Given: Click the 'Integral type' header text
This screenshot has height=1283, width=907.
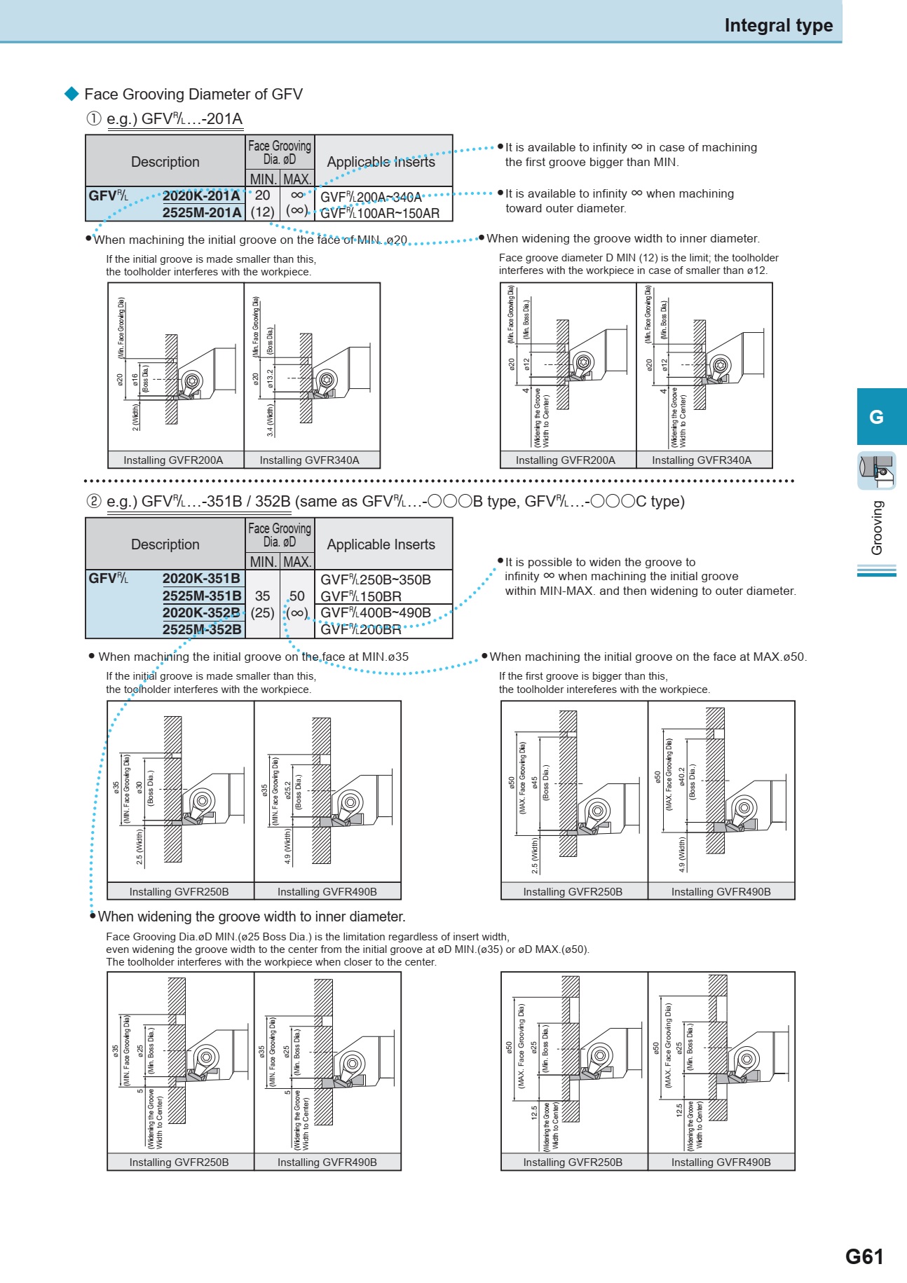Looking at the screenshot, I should click(x=778, y=26).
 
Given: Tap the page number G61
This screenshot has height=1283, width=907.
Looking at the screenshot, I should click(x=864, y=1256).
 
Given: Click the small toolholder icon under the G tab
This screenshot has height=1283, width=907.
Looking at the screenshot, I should click(x=877, y=470).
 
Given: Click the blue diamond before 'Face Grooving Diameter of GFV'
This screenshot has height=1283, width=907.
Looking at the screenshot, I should click(x=72, y=94).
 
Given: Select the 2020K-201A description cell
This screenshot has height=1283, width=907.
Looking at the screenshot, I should click(x=201, y=196).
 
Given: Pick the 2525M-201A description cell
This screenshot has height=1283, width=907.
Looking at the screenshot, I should click(x=201, y=212).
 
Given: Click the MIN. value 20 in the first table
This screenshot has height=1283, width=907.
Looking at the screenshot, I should click(x=262, y=195).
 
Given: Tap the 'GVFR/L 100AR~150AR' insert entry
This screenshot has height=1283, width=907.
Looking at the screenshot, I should click(x=380, y=213).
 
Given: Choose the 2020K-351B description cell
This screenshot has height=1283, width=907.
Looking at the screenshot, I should click(x=201, y=579).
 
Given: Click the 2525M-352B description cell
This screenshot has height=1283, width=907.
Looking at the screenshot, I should click(x=201, y=629).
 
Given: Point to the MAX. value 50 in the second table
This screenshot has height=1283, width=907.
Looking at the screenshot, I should click(x=297, y=596).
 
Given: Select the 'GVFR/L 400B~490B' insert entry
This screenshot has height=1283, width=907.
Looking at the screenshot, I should click(x=376, y=612).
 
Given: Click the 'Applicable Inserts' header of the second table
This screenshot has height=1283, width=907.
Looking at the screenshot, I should click(x=381, y=544).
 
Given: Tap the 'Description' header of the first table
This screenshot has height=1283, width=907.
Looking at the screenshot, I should click(x=165, y=162).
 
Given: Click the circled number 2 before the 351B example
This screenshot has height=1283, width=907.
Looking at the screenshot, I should click(x=94, y=501).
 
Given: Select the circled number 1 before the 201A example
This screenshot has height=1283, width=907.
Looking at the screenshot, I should click(x=94, y=118).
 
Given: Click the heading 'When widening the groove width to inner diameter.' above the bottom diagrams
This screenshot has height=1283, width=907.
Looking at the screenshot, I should click(x=252, y=917).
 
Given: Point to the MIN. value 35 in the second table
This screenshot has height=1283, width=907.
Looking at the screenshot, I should click(x=262, y=596).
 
